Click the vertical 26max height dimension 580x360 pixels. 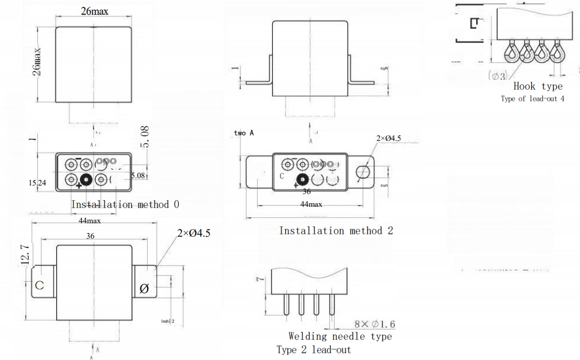pos(38,62)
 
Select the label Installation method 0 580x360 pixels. pos(125,204)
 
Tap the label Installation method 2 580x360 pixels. pos(336,231)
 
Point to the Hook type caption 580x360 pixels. pos(538,86)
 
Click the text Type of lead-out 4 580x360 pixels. pos(532,99)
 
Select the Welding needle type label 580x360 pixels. pos(340,336)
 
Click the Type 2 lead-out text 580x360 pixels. pos(314,350)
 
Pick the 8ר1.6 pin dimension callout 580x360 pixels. pos(374,323)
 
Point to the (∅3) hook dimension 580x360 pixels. pos(498,76)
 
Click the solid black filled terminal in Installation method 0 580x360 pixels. pos(85,179)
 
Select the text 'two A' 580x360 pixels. pos(244,132)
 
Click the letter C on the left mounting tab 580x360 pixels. pos(39,286)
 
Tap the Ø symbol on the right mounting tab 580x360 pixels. pos(145,289)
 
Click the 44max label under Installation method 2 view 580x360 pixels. pos(311,204)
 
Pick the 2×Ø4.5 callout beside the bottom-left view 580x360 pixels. pos(194,233)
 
